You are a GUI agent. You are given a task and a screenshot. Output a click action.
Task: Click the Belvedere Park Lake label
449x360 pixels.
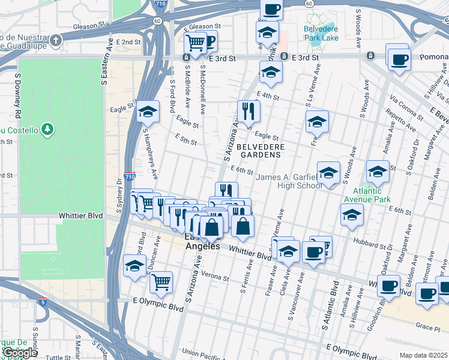[x=321, y=33]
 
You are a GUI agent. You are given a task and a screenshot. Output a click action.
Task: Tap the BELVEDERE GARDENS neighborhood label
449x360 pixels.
[x=259, y=150]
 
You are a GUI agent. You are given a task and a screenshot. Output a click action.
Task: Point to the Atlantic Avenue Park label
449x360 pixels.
[x=367, y=195]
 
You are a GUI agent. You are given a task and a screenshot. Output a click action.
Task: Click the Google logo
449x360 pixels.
[x=19, y=353]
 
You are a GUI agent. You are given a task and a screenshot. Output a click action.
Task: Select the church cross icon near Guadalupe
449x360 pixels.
[x=56, y=41]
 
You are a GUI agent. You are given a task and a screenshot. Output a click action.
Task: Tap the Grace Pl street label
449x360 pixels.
[x=428, y=325]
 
